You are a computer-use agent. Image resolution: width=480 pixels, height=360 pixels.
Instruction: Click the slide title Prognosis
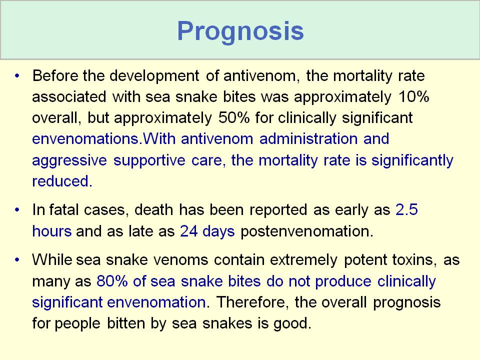pyautogui.click(x=240, y=31)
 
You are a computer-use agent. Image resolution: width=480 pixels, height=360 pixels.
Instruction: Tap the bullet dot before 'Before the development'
pyautogui.click(x=17, y=75)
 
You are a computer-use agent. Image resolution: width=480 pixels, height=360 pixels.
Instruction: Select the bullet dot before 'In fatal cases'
pyautogui.click(x=17, y=209)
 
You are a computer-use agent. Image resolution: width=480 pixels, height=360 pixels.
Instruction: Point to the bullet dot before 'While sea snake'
pyautogui.click(x=17, y=259)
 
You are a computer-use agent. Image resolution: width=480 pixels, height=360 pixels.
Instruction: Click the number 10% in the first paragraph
pyautogui.click(x=414, y=96)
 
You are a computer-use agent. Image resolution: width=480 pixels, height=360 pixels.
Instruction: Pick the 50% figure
pyautogui.click(x=234, y=118)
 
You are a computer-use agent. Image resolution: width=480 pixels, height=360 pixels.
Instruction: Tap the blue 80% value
pyautogui.click(x=112, y=281)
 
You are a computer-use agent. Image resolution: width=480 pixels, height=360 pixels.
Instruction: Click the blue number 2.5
pyautogui.click(x=406, y=209)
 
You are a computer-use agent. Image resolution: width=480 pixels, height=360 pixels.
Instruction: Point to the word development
pyautogui.click(x=154, y=76)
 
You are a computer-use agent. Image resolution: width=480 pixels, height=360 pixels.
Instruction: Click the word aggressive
pyautogui.click(x=69, y=160)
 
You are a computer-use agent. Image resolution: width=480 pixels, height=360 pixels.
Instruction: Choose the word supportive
pyautogui.click(x=149, y=160)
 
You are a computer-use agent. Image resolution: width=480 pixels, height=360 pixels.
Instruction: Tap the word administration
pyautogui.click(x=308, y=138)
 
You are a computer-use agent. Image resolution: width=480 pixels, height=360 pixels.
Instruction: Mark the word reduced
pyautogui.click(x=62, y=181)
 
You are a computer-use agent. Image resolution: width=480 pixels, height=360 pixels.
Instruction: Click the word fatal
pyautogui.click(x=65, y=209)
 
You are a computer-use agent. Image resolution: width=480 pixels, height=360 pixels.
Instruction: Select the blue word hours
pyautogui.click(x=51, y=231)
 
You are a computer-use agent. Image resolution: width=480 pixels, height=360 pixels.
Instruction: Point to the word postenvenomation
pyautogui.click(x=307, y=231)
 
